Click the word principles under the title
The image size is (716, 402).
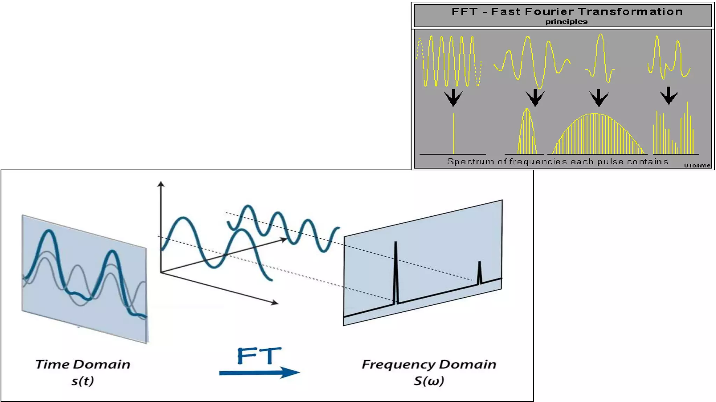(566, 22)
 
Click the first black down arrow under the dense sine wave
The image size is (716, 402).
(453, 98)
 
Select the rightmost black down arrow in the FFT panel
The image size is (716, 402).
(668, 96)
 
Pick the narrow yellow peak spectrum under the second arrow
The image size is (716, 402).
(527, 133)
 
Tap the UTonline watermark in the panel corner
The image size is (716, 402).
(697, 165)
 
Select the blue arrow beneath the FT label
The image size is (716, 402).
(259, 373)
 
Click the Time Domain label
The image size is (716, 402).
(83, 365)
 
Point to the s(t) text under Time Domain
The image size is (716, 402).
(83, 381)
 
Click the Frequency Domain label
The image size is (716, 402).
(429, 365)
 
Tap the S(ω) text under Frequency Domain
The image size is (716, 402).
(429, 381)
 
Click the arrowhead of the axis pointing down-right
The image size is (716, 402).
(275, 303)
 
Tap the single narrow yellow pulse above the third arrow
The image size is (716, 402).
(600, 56)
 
